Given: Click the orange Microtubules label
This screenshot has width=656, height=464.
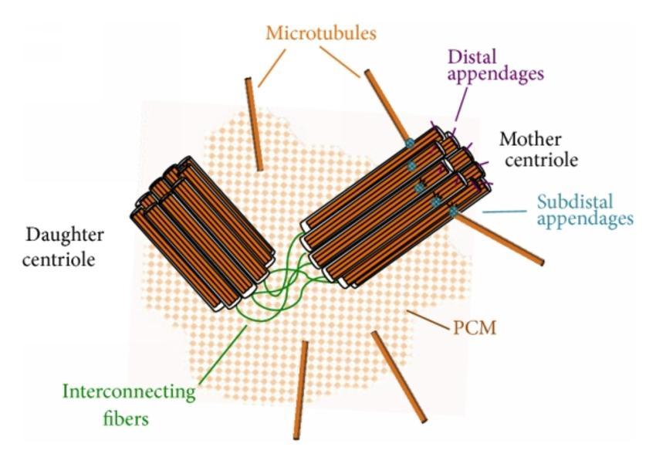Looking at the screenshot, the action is tap(321, 33).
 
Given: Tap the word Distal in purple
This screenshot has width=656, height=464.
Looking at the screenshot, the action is tap(472, 57).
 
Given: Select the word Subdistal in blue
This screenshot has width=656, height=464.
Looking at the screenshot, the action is tap(575, 202).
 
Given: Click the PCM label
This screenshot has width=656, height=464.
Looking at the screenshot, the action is tap(475, 328).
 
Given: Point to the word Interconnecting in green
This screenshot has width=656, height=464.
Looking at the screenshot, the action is tap(129, 392).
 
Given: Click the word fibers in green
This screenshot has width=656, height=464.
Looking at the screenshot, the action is tap(126, 418).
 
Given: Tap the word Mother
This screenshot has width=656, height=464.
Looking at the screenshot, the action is tap(530, 139).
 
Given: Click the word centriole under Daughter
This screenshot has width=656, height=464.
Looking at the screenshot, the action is tap(59, 259).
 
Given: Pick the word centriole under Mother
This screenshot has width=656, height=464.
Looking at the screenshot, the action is tap(541, 160).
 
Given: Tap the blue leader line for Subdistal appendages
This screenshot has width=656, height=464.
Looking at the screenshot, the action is tap(505, 212).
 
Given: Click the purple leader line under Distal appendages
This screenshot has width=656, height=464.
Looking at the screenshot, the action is tap(461, 106).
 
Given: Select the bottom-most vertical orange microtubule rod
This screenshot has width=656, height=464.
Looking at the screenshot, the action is tap(301, 391).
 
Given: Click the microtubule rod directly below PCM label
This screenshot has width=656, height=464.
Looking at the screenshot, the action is tap(399, 377).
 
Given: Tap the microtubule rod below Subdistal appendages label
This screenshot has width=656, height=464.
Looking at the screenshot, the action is tap(499, 238).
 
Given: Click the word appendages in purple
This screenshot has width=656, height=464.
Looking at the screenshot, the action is tap(495, 75).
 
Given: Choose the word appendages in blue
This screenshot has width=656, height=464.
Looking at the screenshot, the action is tap(585, 220).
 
